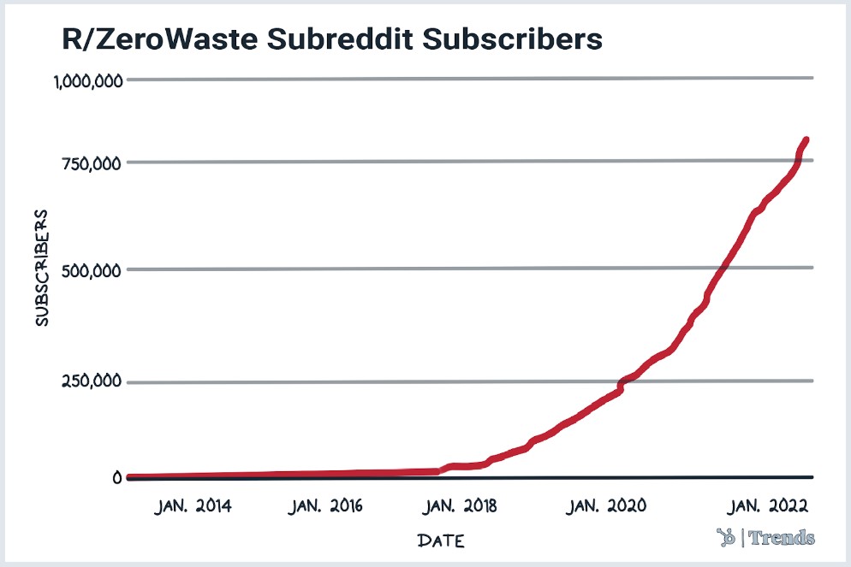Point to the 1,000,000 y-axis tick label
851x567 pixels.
click(x=88, y=81)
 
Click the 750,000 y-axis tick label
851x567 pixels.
click(x=94, y=162)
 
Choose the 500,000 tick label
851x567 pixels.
click(x=94, y=270)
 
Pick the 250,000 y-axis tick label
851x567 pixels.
click(x=94, y=381)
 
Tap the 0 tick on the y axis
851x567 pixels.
click(x=116, y=477)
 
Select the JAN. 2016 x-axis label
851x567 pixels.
click(x=326, y=506)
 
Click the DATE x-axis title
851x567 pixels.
click(x=442, y=540)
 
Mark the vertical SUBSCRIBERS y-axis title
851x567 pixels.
click(x=41, y=267)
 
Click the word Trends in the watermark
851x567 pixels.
click(x=783, y=538)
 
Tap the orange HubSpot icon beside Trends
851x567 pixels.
click(x=727, y=537)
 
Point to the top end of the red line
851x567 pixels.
click(x=806, y=139)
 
